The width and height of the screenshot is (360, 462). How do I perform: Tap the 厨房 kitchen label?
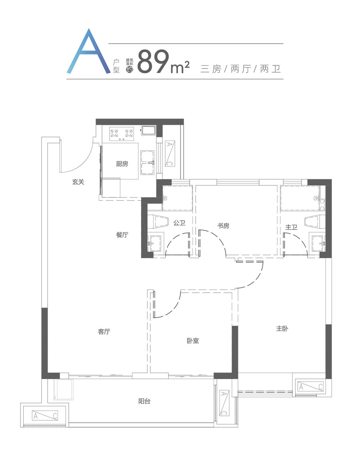pyautogui.click(x=122, y=164)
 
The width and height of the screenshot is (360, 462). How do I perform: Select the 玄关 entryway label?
pyautogui.click(x=78, y=182)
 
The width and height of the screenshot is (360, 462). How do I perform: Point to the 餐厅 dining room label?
pyautogui.click(x=122, y=235)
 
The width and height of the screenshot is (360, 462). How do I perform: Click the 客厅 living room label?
pyautogui.click(x=104, y=331)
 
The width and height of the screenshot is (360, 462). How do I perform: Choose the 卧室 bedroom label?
pyautogui.click(x=193, y=341)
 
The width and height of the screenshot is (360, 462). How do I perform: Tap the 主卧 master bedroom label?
pyautogui.click(x=282, y=328)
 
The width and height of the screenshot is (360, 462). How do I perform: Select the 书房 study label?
pyautogui.click(x=223, y=226)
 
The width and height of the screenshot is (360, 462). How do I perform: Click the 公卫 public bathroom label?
pyautogui.click(x=179, y=223)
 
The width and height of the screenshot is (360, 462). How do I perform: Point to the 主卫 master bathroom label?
pyautogui.click(x=291, y=227)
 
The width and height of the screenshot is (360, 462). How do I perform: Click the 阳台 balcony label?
pyautogui.click(x=144, y=401)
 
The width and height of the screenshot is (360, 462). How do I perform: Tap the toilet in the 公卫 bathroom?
pyautogui.click(x=158, y=221)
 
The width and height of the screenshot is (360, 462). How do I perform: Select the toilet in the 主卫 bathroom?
pyautogui.click(x=315, y=221)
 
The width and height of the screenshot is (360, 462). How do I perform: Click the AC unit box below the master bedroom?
pyautogui.click(x=310, y=386)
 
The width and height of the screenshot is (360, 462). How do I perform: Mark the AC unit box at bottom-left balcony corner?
pyautogui.click(x=45, y=416)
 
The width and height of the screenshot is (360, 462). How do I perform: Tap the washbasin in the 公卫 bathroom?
pyautogui.click(x=156, y=243)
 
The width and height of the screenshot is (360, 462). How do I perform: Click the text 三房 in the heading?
pyautogui.click(x=210, y=69)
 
